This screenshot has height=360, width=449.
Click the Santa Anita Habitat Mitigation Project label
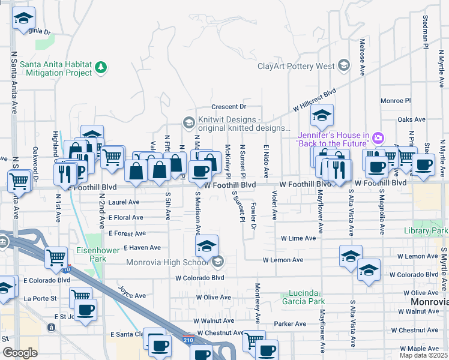pos(55,68)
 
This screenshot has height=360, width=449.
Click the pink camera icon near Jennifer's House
pos(378,139)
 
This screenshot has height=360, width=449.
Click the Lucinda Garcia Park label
pos(304,298)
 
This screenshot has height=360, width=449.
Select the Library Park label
pos(426,230)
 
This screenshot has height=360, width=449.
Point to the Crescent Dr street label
pos(229,107)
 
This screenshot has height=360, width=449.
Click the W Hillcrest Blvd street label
pos(314,100)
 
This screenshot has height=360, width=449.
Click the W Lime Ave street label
pos(298,238)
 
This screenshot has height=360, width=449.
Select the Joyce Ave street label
pos(131,294)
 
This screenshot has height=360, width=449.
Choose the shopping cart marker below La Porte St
pos(80,296)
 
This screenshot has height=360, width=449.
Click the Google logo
pos(20,353)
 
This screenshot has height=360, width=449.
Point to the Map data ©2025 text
pos(423,355)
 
